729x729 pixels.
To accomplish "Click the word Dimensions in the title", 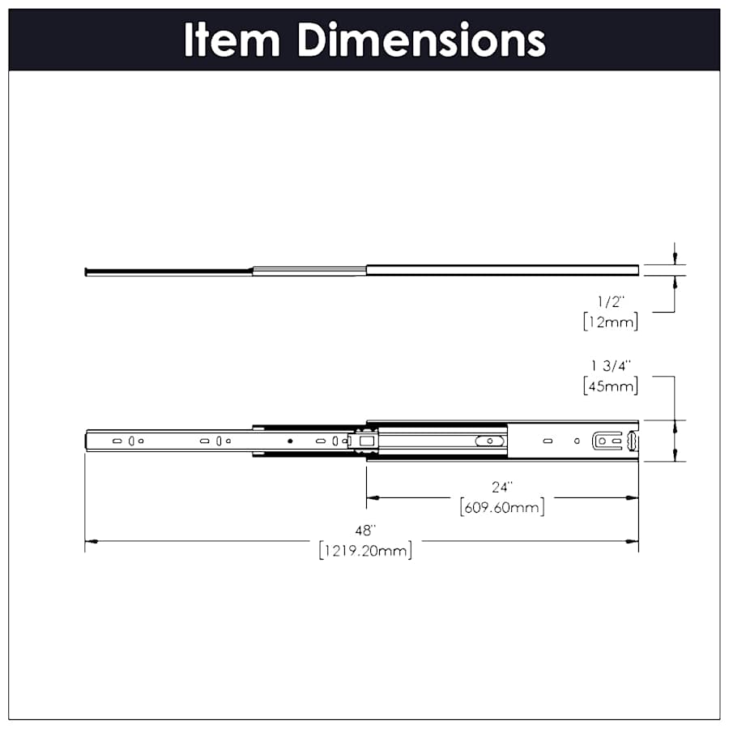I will point(421,40).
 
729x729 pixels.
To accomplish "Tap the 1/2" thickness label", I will point(610,301).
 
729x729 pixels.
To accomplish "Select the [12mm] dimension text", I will point(610,322).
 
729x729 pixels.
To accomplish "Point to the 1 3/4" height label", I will point(610,366).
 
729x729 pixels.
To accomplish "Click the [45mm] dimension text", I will point(610,386).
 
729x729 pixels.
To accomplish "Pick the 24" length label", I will point(502,488).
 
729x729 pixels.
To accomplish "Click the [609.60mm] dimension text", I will point(502,508).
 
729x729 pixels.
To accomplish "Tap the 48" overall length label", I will point(365,531).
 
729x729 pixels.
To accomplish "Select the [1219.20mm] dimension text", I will point(365,551).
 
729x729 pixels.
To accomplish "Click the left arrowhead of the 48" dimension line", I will point(91,541).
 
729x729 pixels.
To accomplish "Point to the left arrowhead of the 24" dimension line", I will point(372,497).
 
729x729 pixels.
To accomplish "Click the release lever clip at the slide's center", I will point(362,441).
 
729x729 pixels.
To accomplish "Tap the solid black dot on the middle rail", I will point(289,441).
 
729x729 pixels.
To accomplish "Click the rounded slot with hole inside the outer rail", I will point(489,441).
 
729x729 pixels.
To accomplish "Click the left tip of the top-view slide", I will point(86,271).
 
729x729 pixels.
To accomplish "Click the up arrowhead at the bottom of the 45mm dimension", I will point(674,456).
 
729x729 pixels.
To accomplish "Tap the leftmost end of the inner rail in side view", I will point(87,441).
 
